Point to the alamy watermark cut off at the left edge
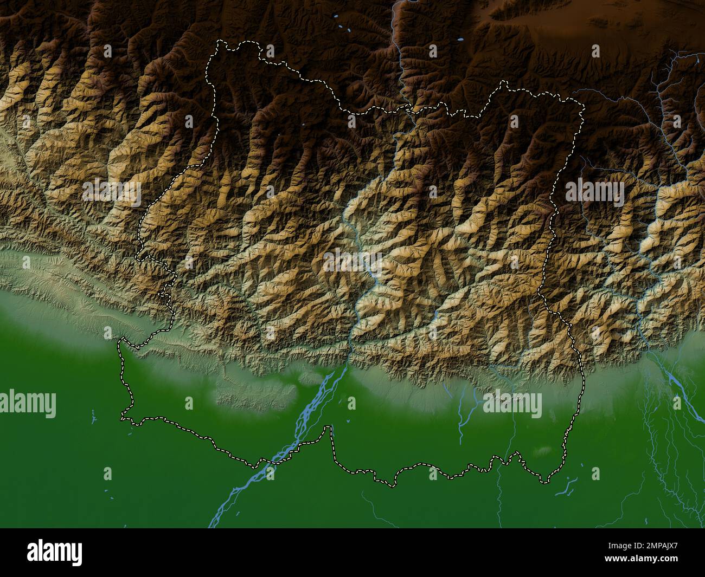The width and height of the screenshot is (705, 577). click(x=27, y=404)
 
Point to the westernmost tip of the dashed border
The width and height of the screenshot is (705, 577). click(x=120, y=340)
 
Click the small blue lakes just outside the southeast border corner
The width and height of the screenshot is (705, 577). click(x=567, y=487)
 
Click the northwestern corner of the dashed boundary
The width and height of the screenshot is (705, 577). click(x=218, y=42)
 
